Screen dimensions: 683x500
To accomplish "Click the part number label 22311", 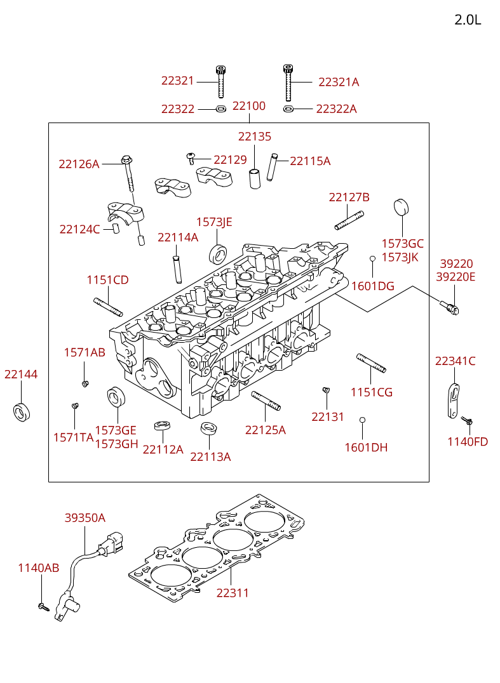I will click(233, 593).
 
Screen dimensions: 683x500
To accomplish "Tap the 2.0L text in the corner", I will click(468, 20).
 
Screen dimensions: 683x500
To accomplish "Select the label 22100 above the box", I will click(249, 106).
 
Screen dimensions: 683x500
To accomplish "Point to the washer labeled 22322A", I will click(288, 109).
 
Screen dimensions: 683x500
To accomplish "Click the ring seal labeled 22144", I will click(21, 411).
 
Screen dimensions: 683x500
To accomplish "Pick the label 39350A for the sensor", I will click(84, 518).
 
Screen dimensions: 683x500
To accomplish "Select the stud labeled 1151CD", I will click(108, 307).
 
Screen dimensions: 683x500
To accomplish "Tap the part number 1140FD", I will click(468, 442).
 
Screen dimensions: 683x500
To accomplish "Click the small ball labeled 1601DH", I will click(362, 420).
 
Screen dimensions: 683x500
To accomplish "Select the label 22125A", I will click(266, 430).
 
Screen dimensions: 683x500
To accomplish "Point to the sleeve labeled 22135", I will click(254, 178).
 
